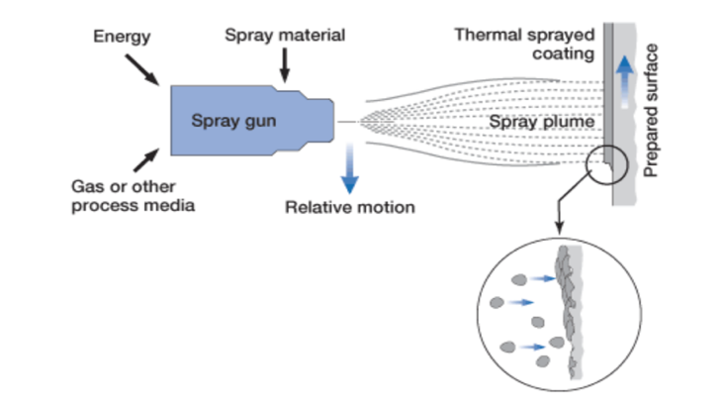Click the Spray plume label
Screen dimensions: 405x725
pyautogui.click(x=539, y=122)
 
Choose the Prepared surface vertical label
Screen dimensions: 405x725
pyautogui.click(x=652, y=109)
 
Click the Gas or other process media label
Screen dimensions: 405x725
pyautogui.click(x=134, y=197)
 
